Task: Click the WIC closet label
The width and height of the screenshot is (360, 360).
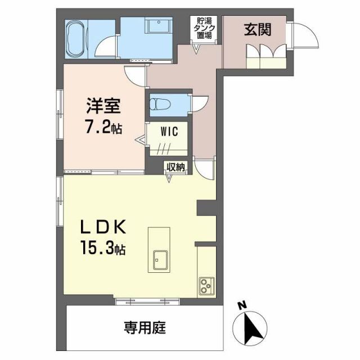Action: pos(169,132)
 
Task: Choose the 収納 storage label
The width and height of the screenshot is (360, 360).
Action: pos(175,166)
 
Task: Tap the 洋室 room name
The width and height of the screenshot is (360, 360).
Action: pos(102,105)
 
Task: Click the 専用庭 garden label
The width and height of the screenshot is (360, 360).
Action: pos(145,326)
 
